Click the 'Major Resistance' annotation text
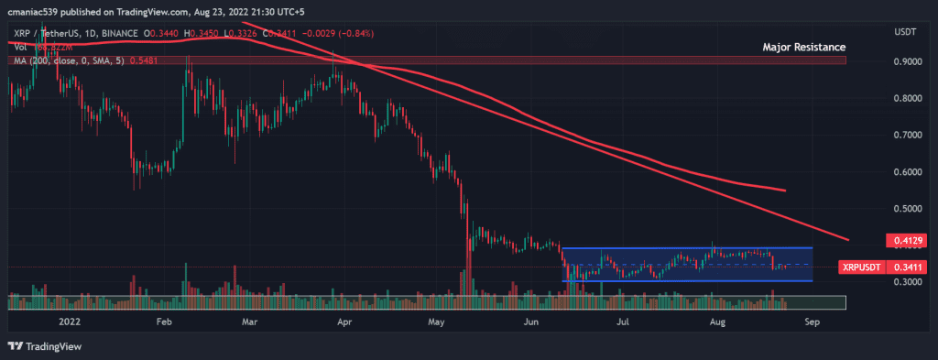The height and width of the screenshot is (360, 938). [803, 46]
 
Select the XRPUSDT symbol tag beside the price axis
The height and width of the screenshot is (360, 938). [861, 267]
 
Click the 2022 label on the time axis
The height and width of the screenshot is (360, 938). [70, 322]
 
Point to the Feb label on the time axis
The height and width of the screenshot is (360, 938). [164, 322]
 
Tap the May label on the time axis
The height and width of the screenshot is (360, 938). [436, 322]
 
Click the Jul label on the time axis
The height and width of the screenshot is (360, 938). [622, 322]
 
